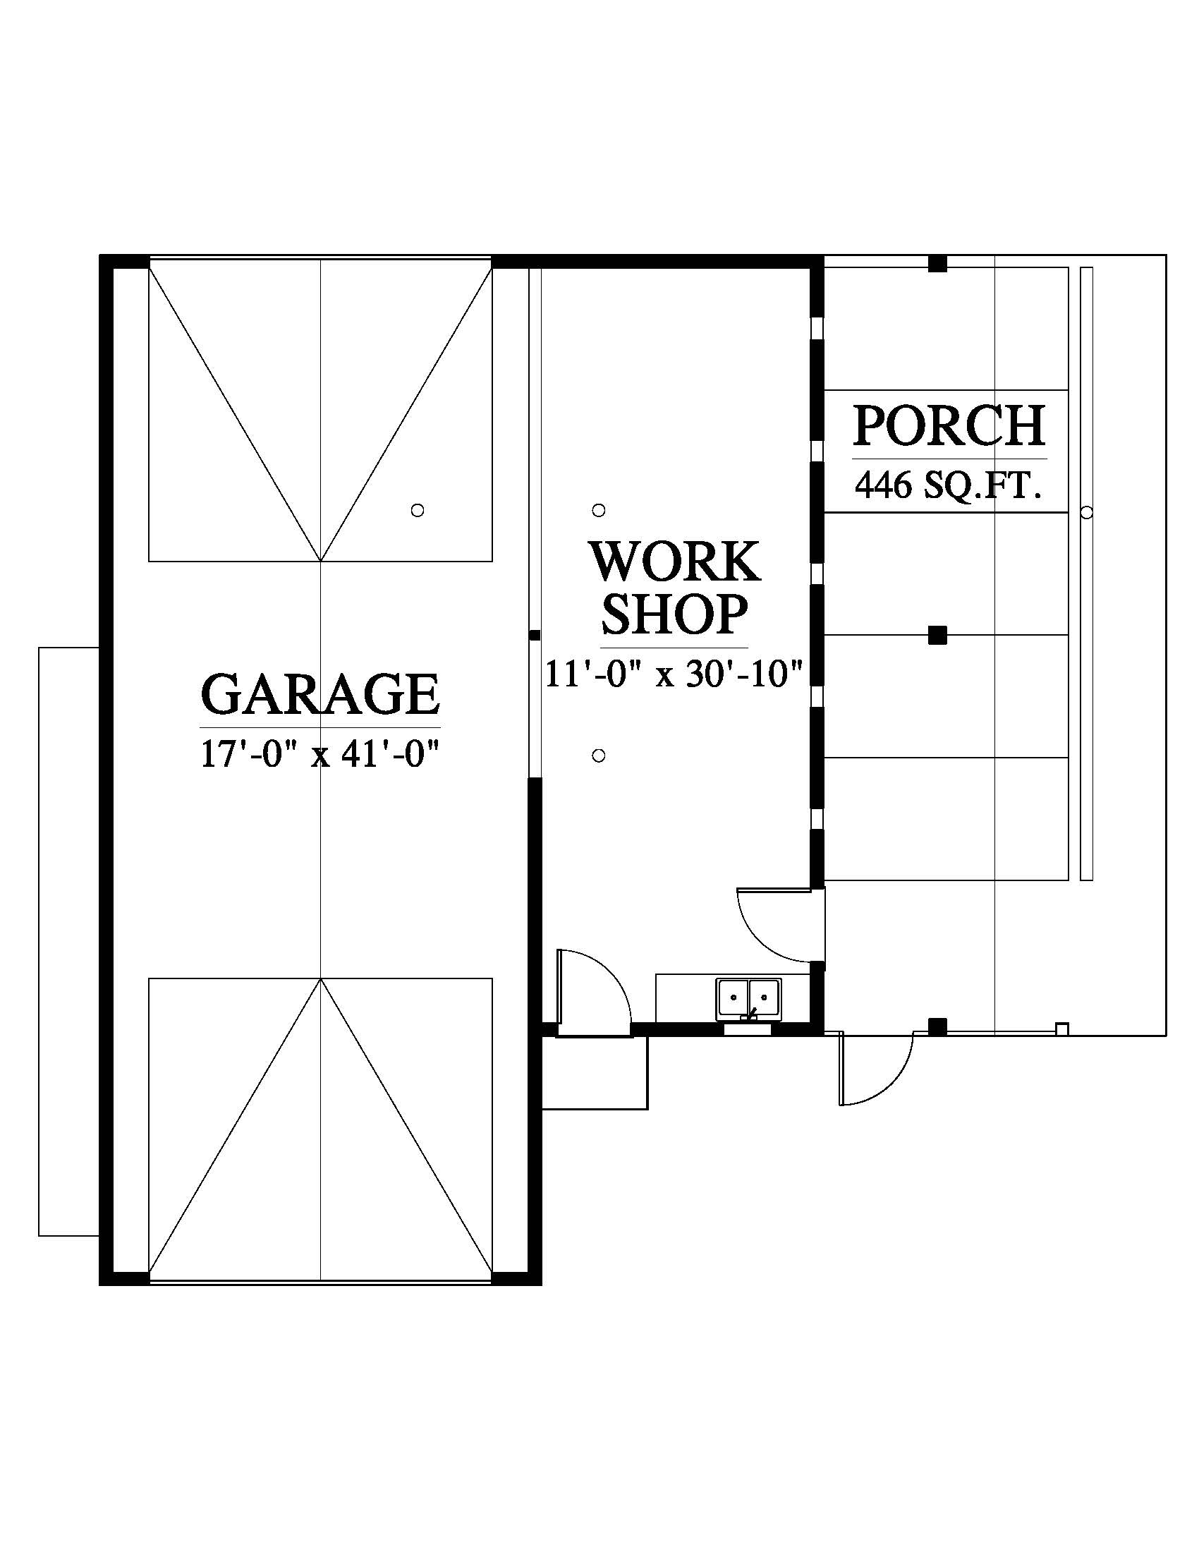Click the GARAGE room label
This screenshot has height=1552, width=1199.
pos(320,694)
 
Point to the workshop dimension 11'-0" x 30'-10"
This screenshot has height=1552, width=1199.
pos(674,674)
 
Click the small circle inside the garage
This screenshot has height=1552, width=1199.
pos(418,509)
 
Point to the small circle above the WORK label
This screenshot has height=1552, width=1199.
pos(599,509)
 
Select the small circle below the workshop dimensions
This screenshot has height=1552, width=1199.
pos(599,756)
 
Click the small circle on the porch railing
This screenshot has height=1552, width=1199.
pos(1086,511)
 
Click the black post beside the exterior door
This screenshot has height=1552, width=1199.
pos(938,1026)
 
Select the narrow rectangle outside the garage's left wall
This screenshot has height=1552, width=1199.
pos(69,942)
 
